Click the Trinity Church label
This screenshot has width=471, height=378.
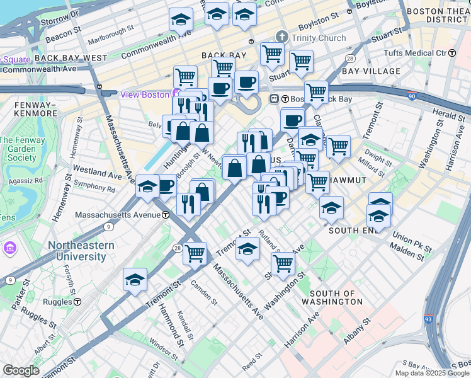click(x=318, y=38)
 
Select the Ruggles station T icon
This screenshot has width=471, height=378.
click(x=77, y=302)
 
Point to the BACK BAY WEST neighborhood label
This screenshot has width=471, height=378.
click(x=71, y=57)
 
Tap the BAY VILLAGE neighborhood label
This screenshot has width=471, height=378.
click(x=371, y=71)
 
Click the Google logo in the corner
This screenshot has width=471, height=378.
click(x=21, y=370)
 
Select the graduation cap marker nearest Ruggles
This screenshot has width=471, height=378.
click(x=135, y=279)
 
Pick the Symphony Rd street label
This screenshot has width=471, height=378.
click(x=94, y=188)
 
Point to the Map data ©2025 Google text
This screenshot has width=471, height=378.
click(x=432, y=373)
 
